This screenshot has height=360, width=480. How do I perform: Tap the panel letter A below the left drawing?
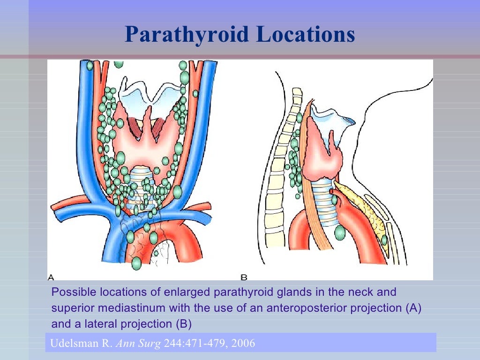[x=51, y=277]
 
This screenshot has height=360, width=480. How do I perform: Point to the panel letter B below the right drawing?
[x=244, y=277]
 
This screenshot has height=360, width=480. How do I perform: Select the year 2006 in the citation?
[x=242, y=343]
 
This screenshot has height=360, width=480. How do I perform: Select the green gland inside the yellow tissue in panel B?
[x=384, y=240]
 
